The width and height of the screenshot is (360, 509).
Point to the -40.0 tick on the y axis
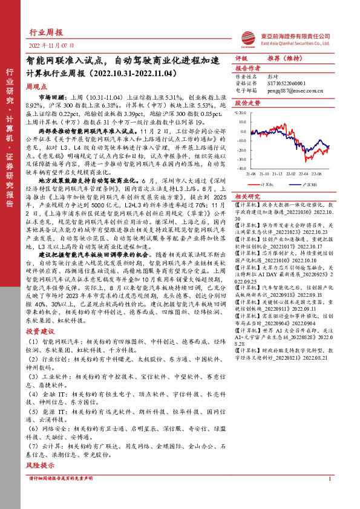[241, 169]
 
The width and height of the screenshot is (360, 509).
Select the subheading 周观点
[37, 87]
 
